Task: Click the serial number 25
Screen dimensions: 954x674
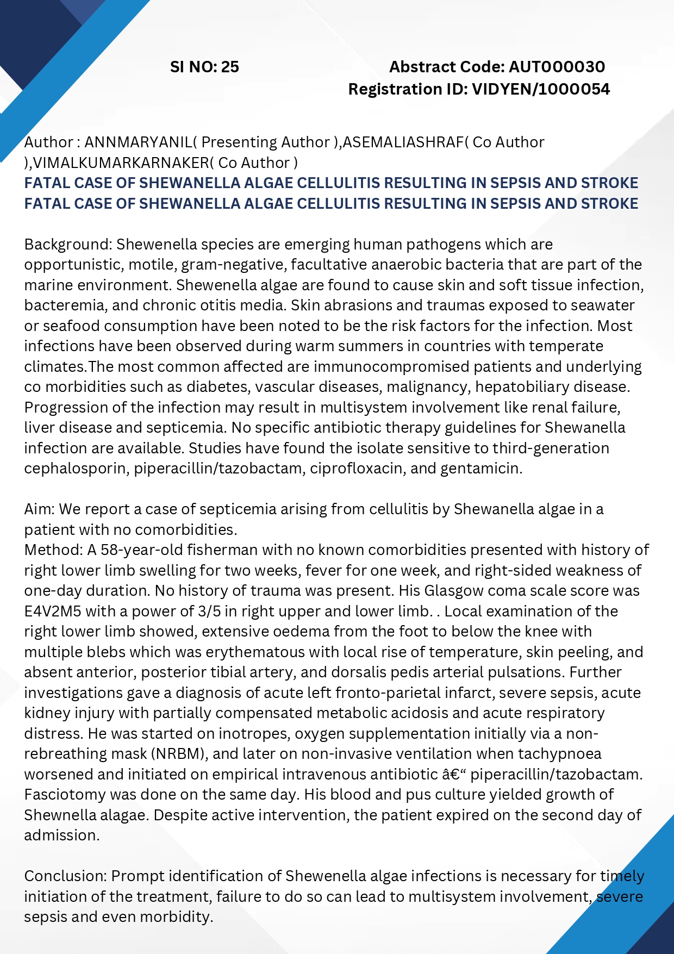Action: tap(230, 67)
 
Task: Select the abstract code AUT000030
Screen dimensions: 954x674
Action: tap(557, 67)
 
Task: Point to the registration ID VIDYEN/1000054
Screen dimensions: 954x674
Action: tap(541, 89)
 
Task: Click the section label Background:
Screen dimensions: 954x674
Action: tap(68, 244)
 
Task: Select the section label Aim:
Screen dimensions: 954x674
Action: tap(39, 509)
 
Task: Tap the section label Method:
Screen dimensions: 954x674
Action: tap(53, 550)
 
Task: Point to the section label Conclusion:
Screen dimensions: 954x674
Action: tap(65, 876)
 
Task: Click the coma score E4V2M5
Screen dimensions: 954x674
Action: tap(53, 611)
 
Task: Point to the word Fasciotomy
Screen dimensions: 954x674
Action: tap(65, 795)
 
